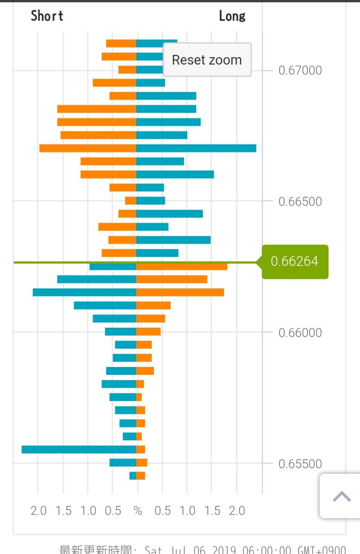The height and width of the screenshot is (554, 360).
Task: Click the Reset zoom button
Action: click(207, 60)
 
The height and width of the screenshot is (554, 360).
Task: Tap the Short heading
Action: click(47, 16)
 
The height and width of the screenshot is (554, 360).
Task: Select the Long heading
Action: click(232, 16)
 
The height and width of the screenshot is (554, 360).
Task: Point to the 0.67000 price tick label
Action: click(300, 70)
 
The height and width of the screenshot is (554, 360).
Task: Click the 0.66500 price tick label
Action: click(300, 201)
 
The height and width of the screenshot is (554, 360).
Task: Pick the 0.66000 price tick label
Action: click(300, 333)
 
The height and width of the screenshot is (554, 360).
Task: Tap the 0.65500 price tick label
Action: click(300, 464)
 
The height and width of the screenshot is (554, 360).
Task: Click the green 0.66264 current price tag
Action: click(295, 261)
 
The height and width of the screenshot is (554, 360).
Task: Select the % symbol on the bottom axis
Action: click(138, 511)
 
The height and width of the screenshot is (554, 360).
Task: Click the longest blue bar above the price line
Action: click(196, 148)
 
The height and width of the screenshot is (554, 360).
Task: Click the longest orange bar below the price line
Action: click(182, 266)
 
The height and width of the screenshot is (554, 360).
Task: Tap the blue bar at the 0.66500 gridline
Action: click(151, 201)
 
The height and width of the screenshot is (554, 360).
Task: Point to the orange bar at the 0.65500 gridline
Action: click(142, 463)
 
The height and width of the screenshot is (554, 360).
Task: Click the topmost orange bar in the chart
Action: click(121, 43)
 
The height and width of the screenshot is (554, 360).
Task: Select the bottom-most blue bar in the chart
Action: click(133, 475)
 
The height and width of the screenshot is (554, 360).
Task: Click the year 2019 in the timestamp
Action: click(224, 550)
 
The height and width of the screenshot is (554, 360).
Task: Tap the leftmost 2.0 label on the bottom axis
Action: click(39, 511)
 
